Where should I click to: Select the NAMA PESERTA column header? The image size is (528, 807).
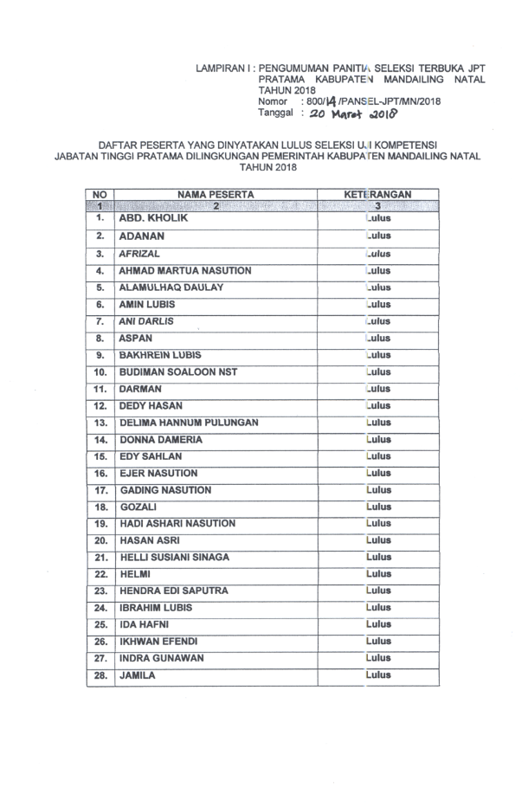(215, 196)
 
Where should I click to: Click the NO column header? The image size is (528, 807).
(100, 196)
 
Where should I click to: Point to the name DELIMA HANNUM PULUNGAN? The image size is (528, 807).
(188, 423)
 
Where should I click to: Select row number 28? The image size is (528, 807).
(100, 675)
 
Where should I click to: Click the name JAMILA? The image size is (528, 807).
(137, 675)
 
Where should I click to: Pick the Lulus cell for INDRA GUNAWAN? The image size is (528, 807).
(378, 658)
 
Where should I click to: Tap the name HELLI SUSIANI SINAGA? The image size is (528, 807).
(182, 558)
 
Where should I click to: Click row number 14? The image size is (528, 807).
(100, 440)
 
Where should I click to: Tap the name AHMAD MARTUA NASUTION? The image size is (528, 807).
(184, 271)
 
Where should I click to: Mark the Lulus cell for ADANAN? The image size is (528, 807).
(378, 236)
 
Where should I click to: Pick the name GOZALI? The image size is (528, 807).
(138, 507)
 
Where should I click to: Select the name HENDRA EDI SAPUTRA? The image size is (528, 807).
(173, 591)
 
